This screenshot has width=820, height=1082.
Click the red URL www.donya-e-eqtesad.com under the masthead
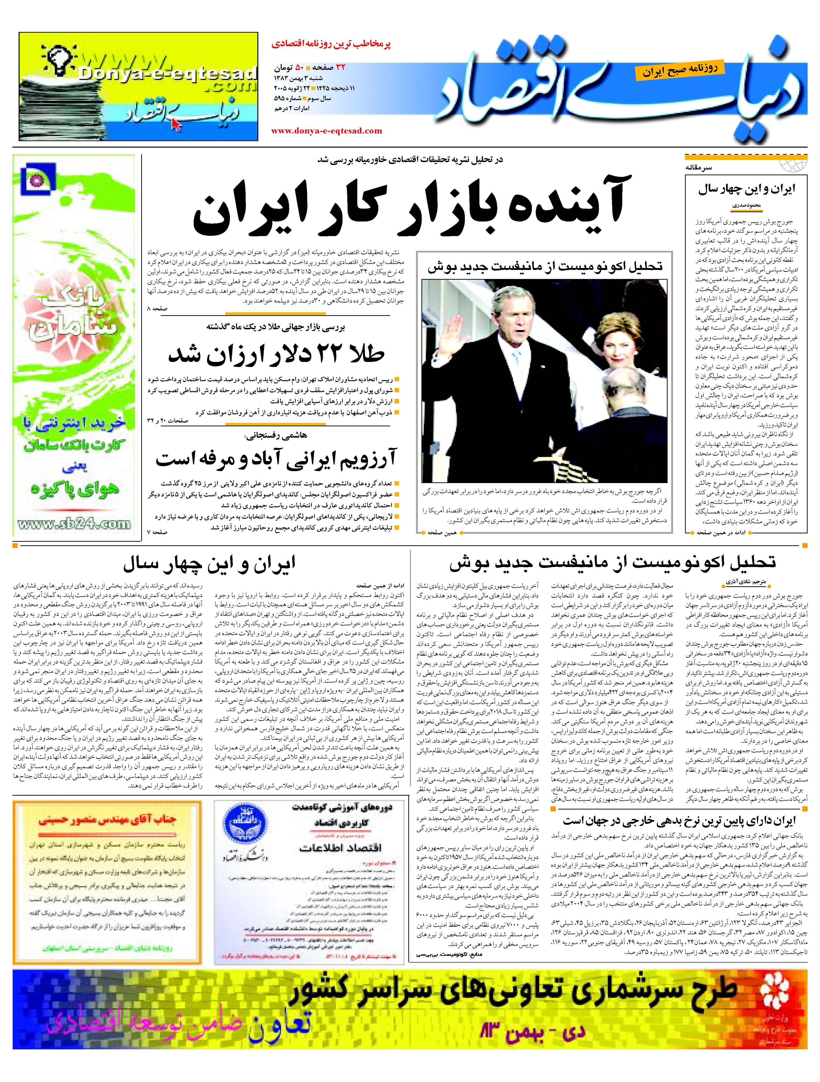point(326,131)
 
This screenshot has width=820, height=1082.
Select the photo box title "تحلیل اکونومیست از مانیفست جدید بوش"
point(545,267)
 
